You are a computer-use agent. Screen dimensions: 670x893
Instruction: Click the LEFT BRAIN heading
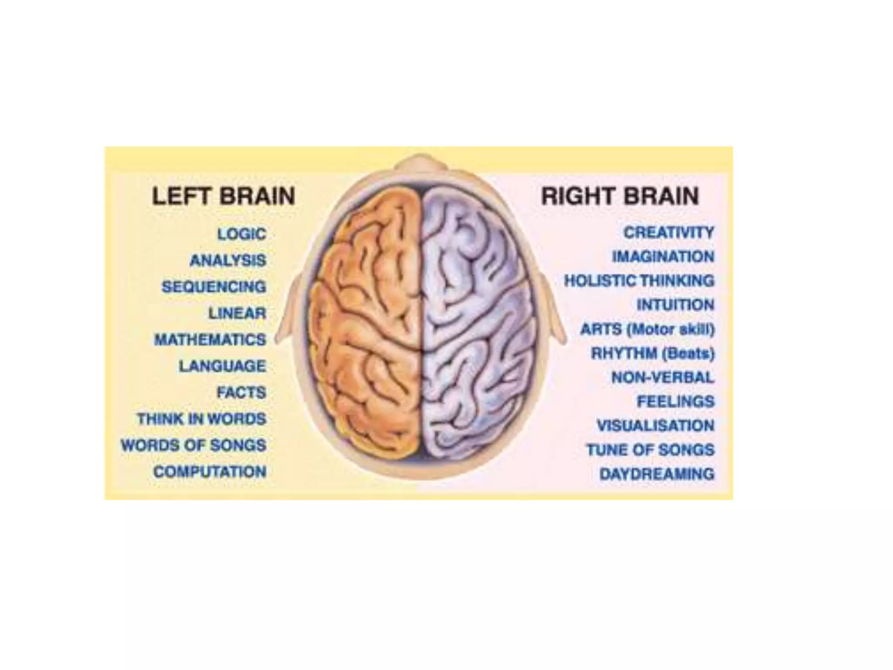click(x=223, y=196)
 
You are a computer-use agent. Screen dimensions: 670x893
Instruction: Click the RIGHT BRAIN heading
click(x=620, y=196)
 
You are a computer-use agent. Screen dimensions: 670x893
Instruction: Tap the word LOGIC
click(x=242, y=234)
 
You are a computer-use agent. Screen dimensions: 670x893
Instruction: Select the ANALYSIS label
click(x=228, y=260)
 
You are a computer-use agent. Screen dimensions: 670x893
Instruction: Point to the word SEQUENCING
click(x=214, y=287)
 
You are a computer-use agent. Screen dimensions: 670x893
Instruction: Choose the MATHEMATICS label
click(x=210, y=339)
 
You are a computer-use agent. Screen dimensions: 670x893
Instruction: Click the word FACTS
click(x=241, y=393)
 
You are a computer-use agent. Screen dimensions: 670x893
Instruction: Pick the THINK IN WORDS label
click(x=201, y=419)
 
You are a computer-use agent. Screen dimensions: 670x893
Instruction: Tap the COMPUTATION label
click(x=210, y=472)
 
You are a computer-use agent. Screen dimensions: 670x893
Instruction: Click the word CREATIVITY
click(x=668, y=232)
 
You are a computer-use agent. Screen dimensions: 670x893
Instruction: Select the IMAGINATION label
click(x=663, y=256)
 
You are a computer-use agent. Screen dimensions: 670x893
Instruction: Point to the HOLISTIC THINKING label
click(x=639, y=280)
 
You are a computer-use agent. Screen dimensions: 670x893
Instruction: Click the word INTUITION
click(x=675, y=304)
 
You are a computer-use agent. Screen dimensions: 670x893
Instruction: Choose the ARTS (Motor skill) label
click(x=648, y=329)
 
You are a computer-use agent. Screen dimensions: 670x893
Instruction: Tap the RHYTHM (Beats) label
click(x=653, y=353)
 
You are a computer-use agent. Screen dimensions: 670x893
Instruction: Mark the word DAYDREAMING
click(x=657, y=474)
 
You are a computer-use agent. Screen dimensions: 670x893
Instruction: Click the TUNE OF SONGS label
click(x=650, y=450)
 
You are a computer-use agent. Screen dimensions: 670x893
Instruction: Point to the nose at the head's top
click(x=421, y=164)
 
